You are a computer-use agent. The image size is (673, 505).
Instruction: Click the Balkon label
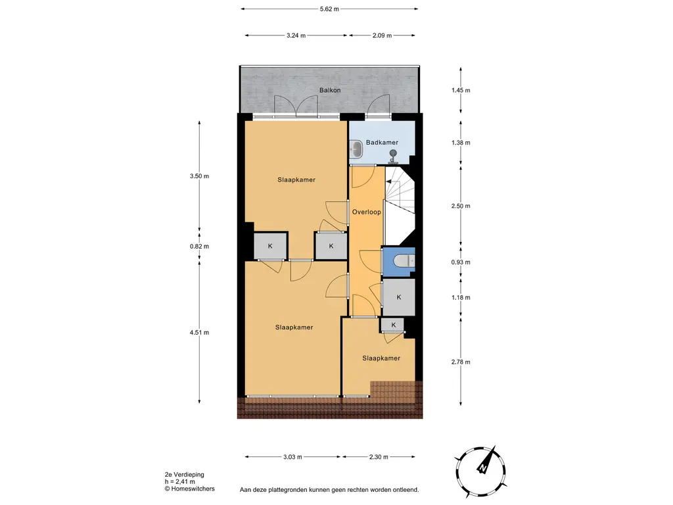point(330,90)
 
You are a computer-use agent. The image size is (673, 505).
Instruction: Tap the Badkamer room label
point(382,142)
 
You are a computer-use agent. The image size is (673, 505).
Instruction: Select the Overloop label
point(367,212)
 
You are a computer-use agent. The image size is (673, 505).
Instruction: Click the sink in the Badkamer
point(356,149)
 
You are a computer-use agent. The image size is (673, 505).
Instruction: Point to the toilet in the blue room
point(404,260)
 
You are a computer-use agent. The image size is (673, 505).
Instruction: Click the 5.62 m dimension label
point(329,9)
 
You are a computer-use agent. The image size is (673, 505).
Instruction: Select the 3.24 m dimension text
point(296,36)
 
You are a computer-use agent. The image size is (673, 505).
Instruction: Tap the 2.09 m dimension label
point(382,36)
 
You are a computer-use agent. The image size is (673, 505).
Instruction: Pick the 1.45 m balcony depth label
point(461,90)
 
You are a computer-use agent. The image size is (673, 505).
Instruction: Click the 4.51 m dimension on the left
point(199,332)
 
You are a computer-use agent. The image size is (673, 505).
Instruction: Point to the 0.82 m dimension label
point(199,247)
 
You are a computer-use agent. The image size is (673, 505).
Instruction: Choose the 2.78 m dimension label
point(461,362)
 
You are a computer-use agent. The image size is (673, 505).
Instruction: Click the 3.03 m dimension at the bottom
point(292,457)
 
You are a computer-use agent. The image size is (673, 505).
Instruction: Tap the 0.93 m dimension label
point(461,262)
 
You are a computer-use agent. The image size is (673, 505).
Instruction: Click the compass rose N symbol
point(483,468)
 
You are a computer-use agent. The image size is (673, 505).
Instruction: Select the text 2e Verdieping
point(185,475)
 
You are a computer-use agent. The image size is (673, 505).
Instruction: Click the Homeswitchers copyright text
point(190,489)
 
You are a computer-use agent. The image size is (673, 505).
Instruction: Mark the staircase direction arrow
point(390,182)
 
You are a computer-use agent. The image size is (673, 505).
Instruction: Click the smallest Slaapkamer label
point(381,358)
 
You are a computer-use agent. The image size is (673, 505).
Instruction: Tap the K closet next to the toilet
point(399,297)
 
